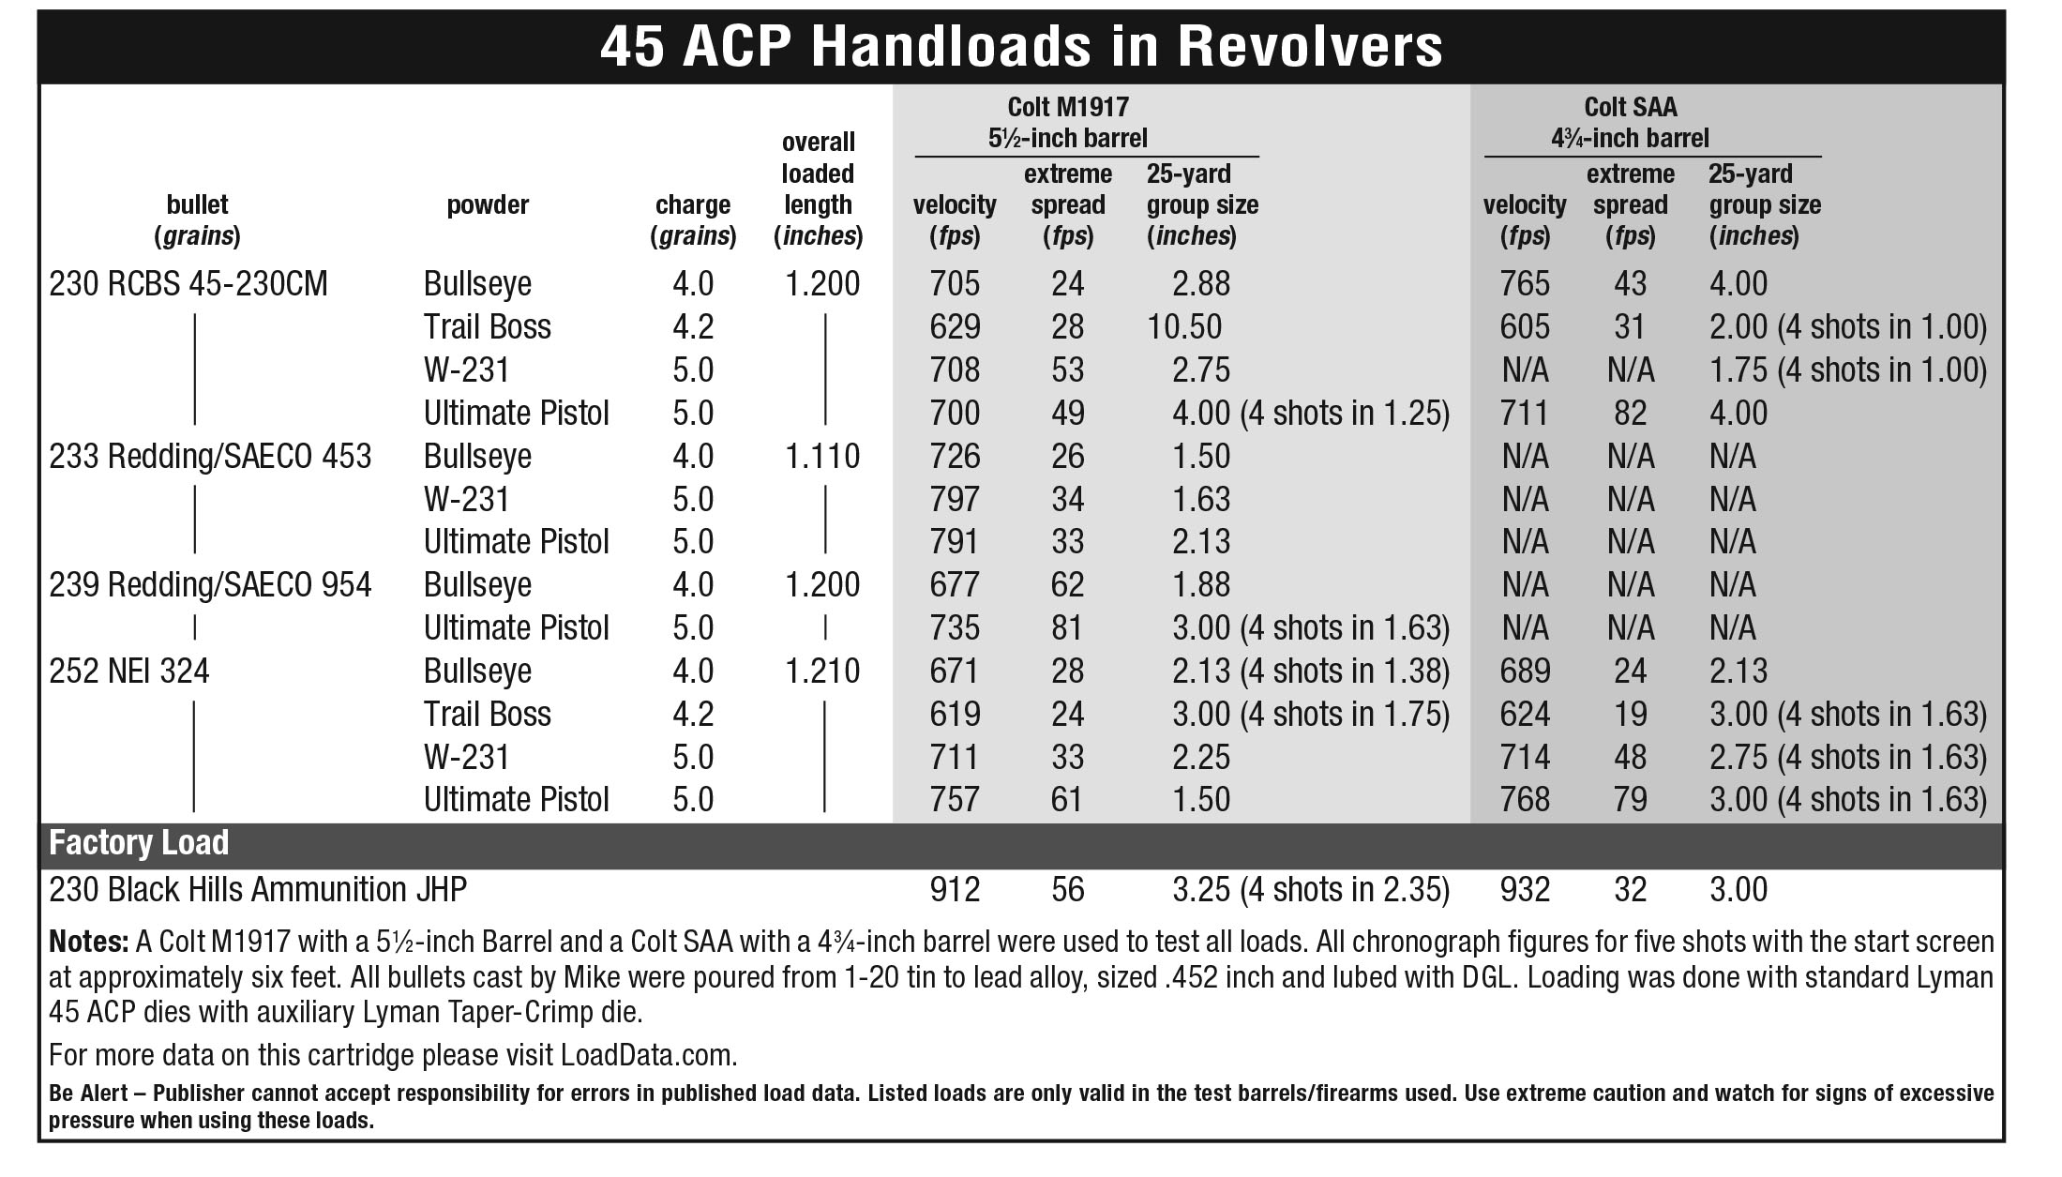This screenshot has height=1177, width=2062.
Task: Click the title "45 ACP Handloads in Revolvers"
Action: click(1020, 47)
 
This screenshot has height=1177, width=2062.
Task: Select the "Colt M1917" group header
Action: click(1068, 107)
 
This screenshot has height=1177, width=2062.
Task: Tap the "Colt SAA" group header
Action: click(1630, 107)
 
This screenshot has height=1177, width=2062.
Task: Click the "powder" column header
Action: click(488, 204)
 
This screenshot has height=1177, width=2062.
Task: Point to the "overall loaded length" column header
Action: click(818, 189)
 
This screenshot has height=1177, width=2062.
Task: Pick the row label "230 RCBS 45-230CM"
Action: click(188, 283)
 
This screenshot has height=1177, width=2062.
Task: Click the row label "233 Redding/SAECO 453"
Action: click(210, 456)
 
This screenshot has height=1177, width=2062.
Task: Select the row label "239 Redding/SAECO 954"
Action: click(210, 584)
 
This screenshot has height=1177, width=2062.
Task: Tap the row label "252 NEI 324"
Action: click(129, 671)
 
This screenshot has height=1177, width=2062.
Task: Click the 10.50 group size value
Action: click(1184, 326)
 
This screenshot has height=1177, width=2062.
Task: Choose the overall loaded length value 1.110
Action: click(822, 456)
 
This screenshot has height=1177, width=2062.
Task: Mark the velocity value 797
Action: click(955, 499)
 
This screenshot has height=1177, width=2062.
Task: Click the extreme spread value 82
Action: click(1630, 413)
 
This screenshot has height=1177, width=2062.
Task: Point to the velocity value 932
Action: click(1525, 889)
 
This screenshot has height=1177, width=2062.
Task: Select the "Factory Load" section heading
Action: click(139, 842)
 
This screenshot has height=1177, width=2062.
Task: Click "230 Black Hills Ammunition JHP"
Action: click(258, 889)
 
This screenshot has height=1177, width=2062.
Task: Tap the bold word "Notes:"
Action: click(88, 942)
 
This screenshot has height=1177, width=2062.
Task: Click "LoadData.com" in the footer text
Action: click(648, 1055)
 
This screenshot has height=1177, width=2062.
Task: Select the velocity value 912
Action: click(955, 889)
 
